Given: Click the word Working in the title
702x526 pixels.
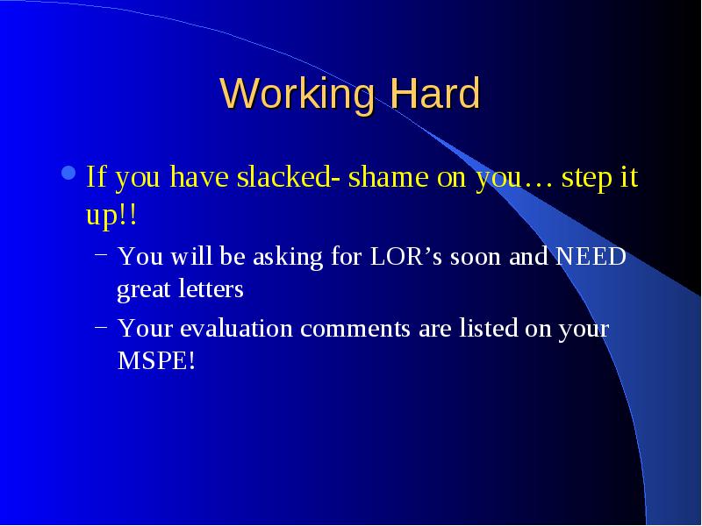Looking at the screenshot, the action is point(297,95).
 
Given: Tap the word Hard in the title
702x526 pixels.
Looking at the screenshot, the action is point(434,93).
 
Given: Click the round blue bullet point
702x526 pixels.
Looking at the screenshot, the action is point(68,173).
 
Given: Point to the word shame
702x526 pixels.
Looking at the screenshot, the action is point(388,176).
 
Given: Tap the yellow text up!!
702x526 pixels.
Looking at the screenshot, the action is point(111,216).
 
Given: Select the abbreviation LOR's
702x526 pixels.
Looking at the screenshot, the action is point(405,257).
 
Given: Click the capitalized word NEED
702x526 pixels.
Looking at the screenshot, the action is point(591,257).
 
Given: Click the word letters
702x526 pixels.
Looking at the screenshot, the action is point(211,288).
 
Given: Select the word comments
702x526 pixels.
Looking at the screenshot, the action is point(355,329).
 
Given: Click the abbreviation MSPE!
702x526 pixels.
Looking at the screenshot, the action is point(156,360).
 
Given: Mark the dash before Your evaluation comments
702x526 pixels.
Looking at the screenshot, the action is point(101,326).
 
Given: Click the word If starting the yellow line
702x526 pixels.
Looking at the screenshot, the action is point(96,176).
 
